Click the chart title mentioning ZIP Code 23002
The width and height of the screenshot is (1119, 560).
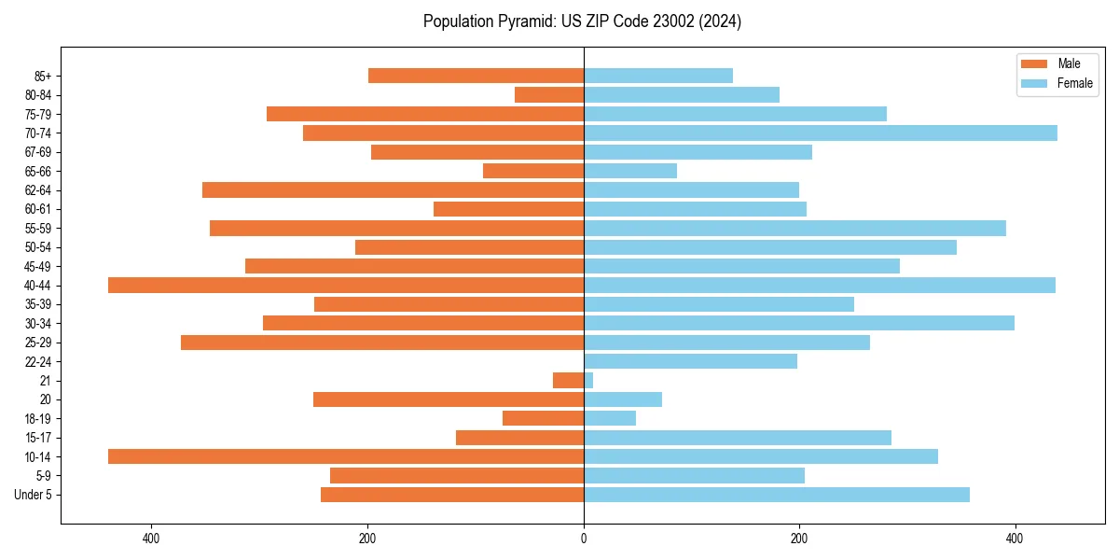582,21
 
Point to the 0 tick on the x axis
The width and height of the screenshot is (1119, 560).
584,539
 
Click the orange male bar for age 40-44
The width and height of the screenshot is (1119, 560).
346,286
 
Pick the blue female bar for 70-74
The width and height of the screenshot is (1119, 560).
821,133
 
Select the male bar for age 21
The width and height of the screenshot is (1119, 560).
569,381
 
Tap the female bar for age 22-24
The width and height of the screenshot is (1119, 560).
690,361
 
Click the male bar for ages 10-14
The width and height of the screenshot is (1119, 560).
346,456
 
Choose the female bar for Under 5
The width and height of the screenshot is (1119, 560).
777,495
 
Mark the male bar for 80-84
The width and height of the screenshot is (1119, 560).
549,95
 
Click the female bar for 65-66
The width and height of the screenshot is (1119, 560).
630,171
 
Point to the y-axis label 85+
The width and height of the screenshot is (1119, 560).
42,77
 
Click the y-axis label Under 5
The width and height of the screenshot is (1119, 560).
34,495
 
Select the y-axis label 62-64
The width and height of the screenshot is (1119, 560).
38,190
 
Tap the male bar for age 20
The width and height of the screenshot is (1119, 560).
449,399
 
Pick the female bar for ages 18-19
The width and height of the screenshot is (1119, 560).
610,418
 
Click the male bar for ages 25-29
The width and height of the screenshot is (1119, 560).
382,343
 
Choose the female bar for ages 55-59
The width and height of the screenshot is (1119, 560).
794,229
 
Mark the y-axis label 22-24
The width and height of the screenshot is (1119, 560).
38,362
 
